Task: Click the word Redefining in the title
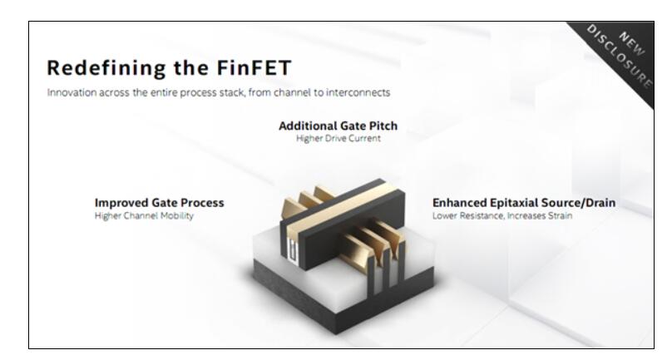(106, 68)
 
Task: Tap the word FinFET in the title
(254, 67)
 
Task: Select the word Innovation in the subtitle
(72, 92)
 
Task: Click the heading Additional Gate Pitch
(338, 126)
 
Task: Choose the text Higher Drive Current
(338, 138)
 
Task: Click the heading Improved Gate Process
(159, 203)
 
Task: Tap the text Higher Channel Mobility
(144, 216)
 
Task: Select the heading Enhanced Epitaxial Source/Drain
(524, 203)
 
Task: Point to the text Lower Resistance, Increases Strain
(502, 215)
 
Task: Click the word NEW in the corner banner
(632, 44)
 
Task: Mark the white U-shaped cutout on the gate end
(292, 249)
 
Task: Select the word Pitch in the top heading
(383, 126)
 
